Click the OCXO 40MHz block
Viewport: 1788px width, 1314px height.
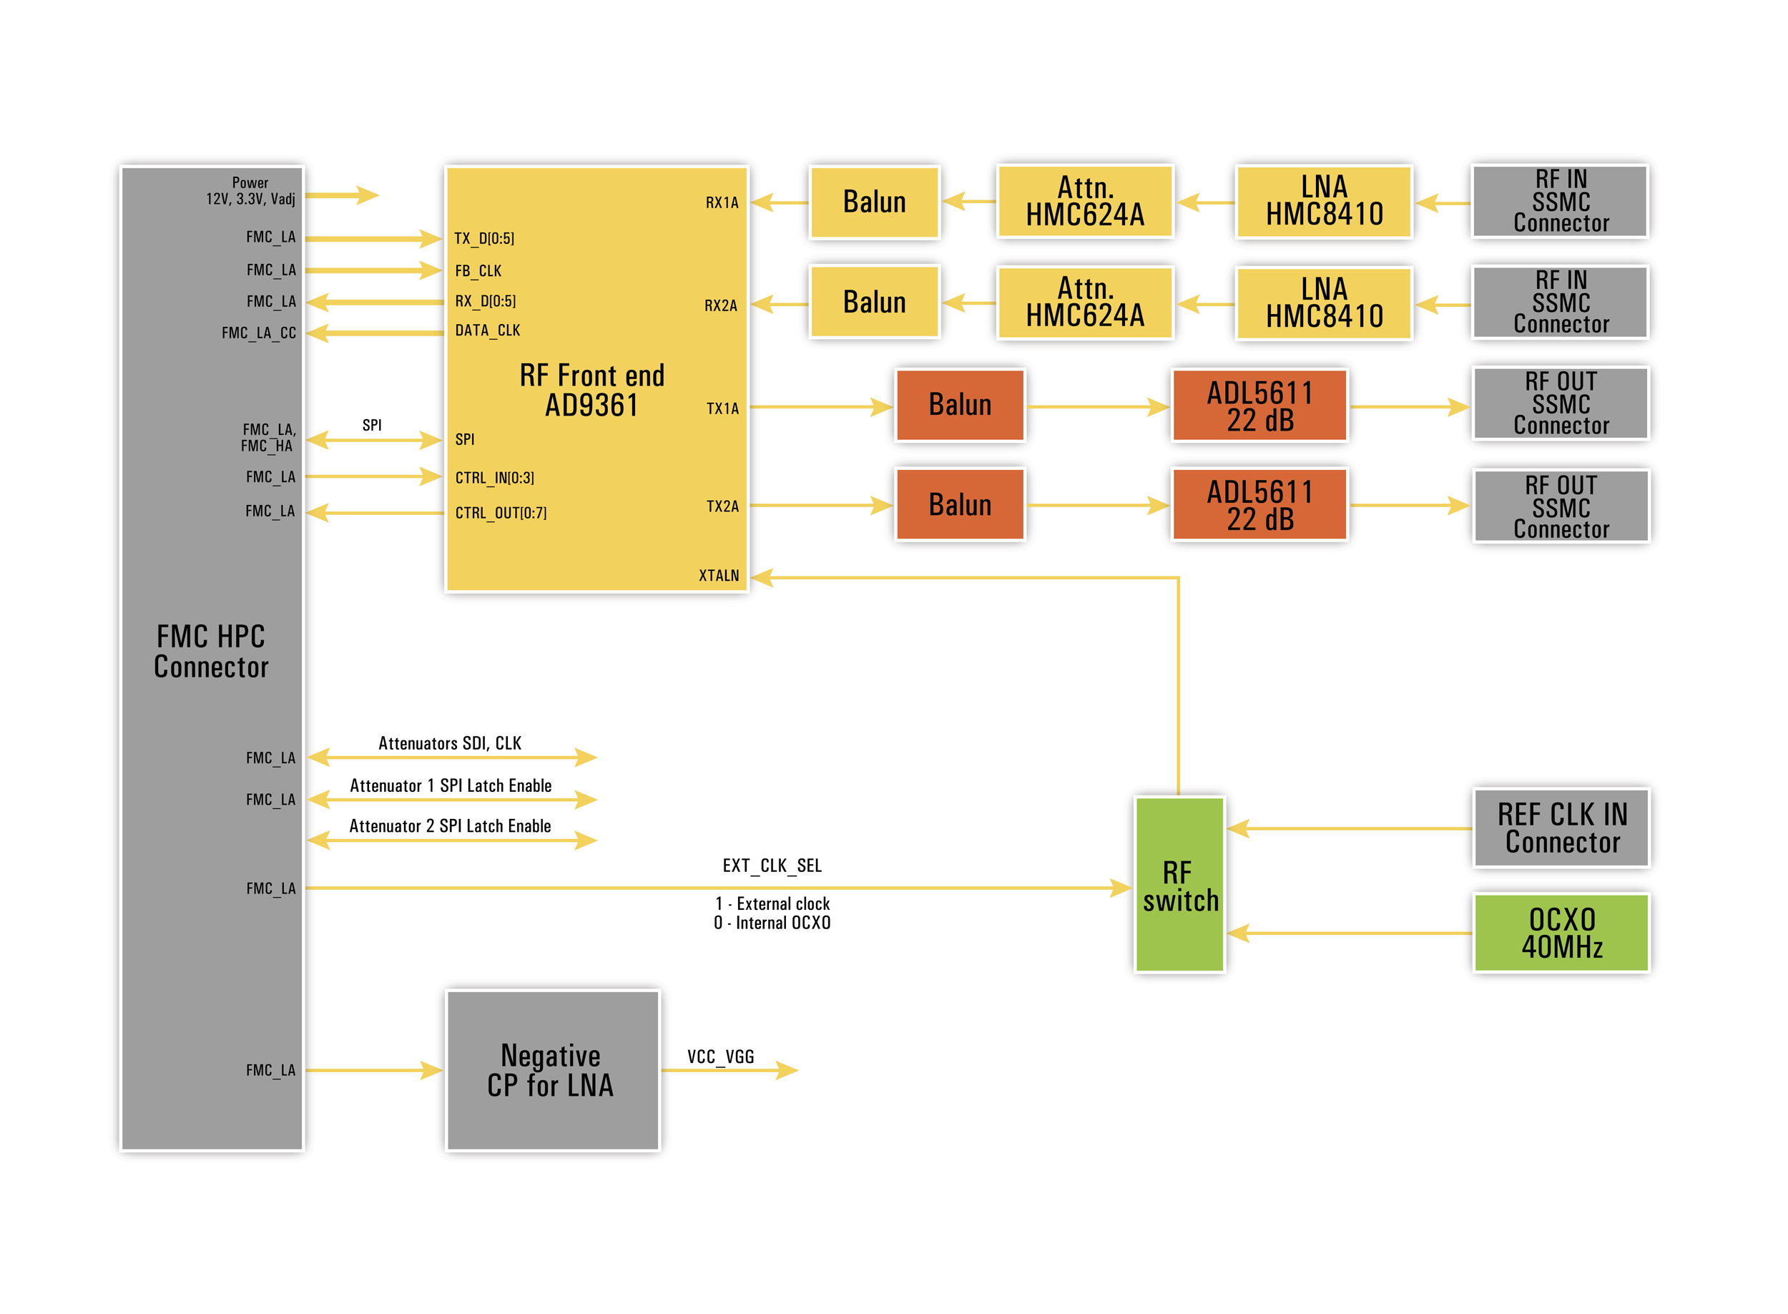1561,932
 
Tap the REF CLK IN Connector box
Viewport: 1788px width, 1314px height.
1561,827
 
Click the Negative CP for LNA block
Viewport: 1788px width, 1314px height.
553,1070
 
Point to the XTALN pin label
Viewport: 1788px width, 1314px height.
719,575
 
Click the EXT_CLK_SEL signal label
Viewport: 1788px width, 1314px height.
772,866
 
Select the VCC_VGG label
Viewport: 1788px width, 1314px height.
721,1056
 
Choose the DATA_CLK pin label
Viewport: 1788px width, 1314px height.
488,330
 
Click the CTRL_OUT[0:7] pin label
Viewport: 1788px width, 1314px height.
501,513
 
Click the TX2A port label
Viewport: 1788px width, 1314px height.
722,506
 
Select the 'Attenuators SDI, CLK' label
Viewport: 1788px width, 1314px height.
450,743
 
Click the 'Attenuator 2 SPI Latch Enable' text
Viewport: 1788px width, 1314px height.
450,825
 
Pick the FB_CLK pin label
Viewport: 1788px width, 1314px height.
478,270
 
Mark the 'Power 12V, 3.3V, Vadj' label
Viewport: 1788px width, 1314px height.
250,191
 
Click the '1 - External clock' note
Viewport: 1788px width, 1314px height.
772,903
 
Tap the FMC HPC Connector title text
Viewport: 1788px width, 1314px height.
211,652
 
